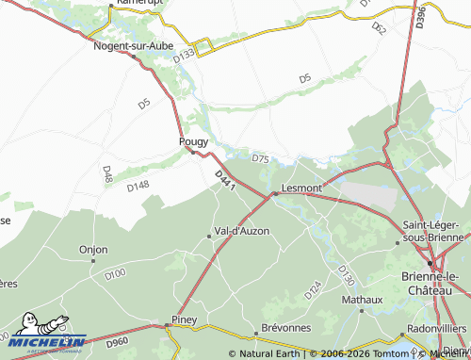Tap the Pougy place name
tap(193, 141)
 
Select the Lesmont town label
tap(302, 188)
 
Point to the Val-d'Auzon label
tap(242, 231)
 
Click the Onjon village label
tap(93, 250)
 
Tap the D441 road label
tap(224, 181)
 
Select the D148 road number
tap(138, 186)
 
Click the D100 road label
tap(115, 274)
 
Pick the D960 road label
tap(117, 339)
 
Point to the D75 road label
tap(261, 158)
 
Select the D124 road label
tap(313, 290)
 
